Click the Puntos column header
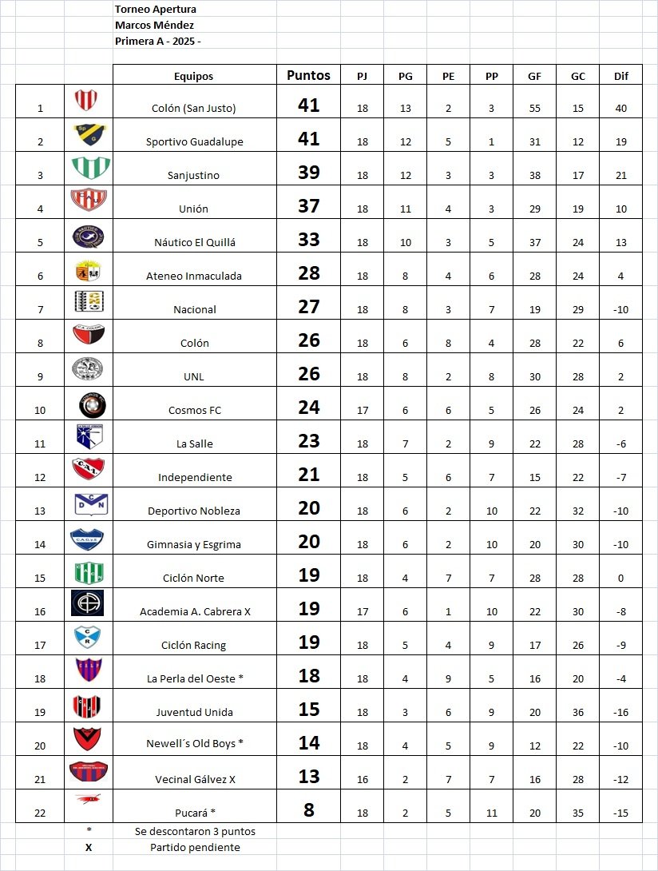pyautogui.click(x=308, y=75)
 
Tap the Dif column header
pyautogui.click(x=620, y=76)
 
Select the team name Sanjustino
pyautogui.click(x=193, y=175)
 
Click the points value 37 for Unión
pyautogui.click(x=308, y=206)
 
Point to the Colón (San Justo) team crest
pyautogui.click(x=87, y=100)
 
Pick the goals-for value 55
pyautogui.click(x=534, y=108)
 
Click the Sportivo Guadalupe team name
pyautogui.click(x=194, y=141)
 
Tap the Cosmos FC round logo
pyautogui.click(x=92, y=405)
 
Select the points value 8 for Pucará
pyautogui.click(x=308, y=810)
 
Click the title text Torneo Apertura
pyautogui.click(x=156, y=10)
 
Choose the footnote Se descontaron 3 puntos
pyautogui.click(x=195, y=831)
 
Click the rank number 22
pyautogui.click(x=41, y=813)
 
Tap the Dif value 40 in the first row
pyautogui.click(x=620, y=108)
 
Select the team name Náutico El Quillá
pyautogui.click(x=194, y=242)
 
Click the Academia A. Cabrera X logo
pyautogui.click(x=87, y=603)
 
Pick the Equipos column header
pyautogui.click(x=194, y=76)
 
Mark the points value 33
pyautogui.click(x=308, y=240)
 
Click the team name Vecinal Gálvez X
pyautogui.click(x=195, y=779)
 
